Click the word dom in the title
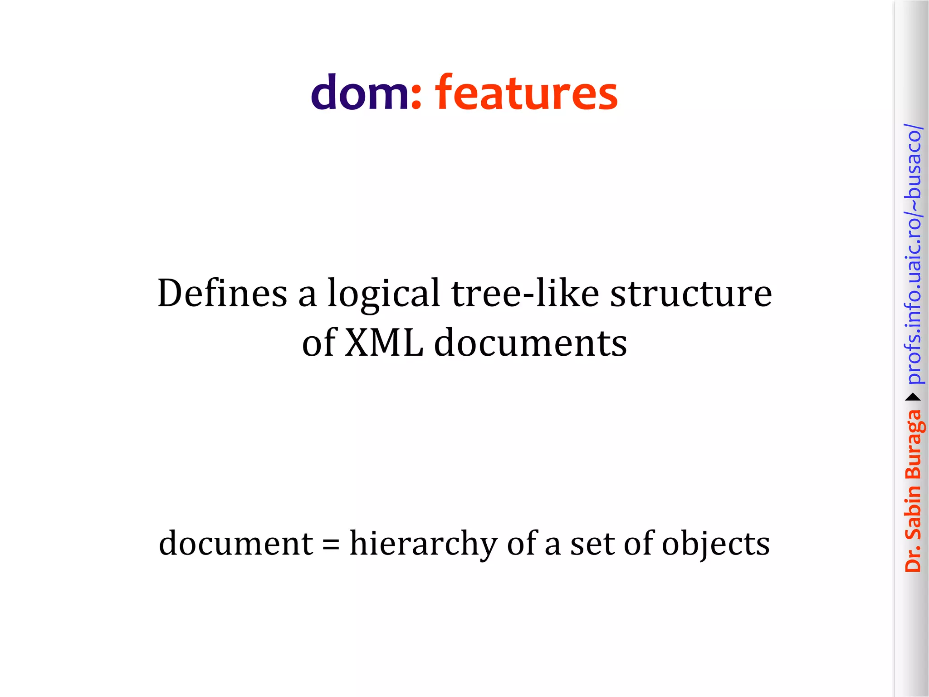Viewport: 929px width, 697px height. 359,93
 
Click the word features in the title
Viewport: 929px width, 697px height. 526,93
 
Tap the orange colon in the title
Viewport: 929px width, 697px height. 416,98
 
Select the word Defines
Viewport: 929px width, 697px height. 222,294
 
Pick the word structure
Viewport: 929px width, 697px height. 690,294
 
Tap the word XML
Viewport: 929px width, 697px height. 384,343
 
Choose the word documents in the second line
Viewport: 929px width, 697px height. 530,343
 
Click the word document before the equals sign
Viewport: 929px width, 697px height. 236,543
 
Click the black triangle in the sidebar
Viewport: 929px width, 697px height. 913,398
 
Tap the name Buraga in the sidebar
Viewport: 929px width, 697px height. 914,445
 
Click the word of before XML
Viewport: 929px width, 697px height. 319,343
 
